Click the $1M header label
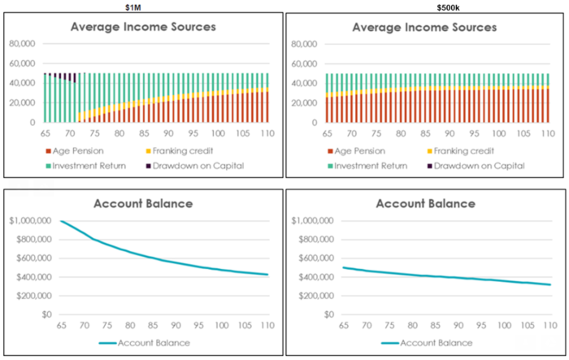(142, 6)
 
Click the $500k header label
(425, 6)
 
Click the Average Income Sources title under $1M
(142, 27)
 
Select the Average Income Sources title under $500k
(424, 27)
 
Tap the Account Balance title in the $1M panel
(143, 203)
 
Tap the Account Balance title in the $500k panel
(424, 203)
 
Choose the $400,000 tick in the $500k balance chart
(313, 277)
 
